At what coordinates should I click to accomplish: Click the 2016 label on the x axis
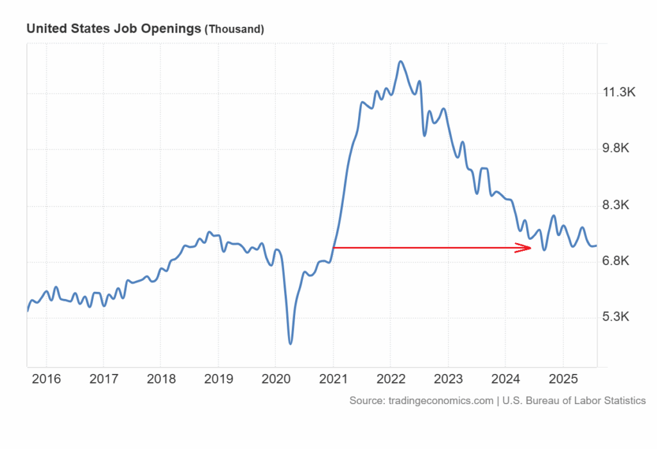pyautogui.click(x=46, y=378)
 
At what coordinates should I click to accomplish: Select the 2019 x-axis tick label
pyautogui.click(x=218, y=378)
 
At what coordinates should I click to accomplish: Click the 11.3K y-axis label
pyautogui.click(x=619, y=94)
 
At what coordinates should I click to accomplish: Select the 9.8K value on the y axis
pyautogui.click(x=619, y=149)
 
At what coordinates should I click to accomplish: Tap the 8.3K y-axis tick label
pyautogui.click(x=619, y=205)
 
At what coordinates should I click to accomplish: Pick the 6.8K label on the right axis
pyautogui.click(x=619, y=261)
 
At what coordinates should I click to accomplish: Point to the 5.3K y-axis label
pyautogui.click(x=619, y=318)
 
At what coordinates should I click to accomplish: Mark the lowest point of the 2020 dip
pyautogui.click(x=290, y=344)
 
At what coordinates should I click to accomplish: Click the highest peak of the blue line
pyautogui.click(x=400, y=62)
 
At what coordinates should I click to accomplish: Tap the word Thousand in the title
pyautogui.click(x=234, y=29)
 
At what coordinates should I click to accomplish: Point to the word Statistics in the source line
pyautogui.click(x=622, y=400)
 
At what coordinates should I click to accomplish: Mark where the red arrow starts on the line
pyautogui.click(x=334, y=247)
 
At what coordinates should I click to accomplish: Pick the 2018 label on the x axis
pyautogui.click(x=161, y=378)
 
